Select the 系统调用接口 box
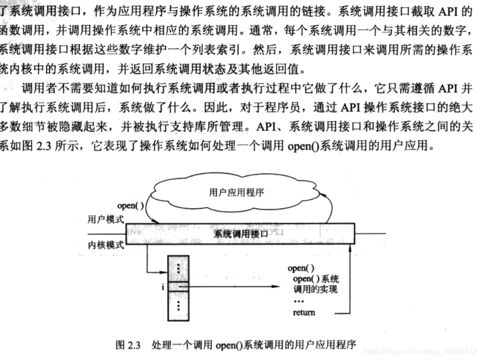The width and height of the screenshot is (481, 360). point(241,234)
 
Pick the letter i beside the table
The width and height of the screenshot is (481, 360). point(163,287)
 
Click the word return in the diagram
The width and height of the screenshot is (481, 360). point(304,312)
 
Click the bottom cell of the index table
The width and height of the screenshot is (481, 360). point(178,306)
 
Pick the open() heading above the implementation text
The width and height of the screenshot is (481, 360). point(300,268)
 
